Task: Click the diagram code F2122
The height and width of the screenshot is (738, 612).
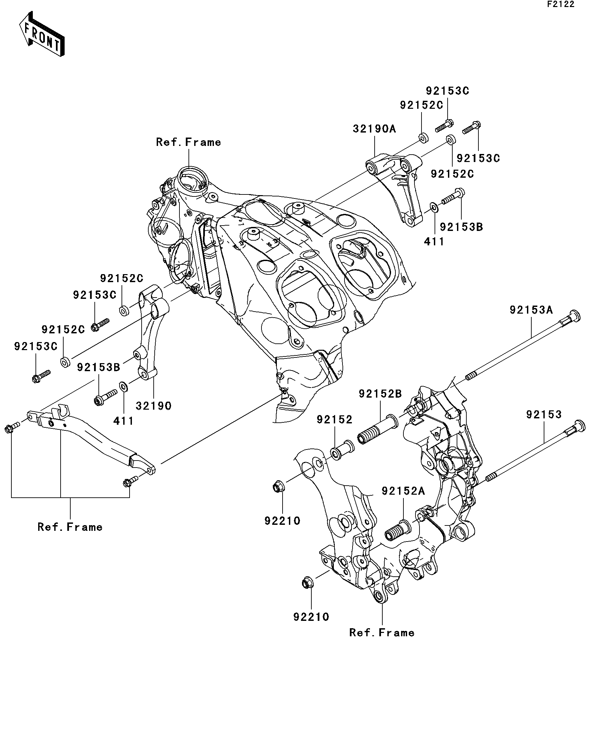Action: pyautogui.click(x=560, y=5)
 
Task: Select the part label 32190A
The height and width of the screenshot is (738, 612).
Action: pyautogui.click(x=374, y=129)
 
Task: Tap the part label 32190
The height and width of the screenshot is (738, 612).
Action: pyautogui.click(x=154, y=406)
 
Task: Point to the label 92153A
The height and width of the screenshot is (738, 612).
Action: pyautogui.click(x=531, y=310)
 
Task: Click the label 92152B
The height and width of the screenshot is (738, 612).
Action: pyautogui.click(x=380, y=394)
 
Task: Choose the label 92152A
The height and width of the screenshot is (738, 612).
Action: pyautogui.click(x=403, y=491)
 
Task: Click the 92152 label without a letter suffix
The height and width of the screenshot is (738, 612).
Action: pyautogui.click(x=334, y=420)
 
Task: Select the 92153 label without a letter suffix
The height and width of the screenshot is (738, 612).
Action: pyautogui.click(x=544, y=415)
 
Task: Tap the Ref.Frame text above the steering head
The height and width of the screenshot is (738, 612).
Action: pyautogui.click(x=188, y=142)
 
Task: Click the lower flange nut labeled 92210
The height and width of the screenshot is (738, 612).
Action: pyautogui.click(x=308, y=583)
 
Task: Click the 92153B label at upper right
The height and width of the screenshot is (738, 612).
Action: pyautogui.click(x=461, y=227)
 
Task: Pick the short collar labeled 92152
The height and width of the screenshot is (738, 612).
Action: pyautogui.click(x=342, y=450)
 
